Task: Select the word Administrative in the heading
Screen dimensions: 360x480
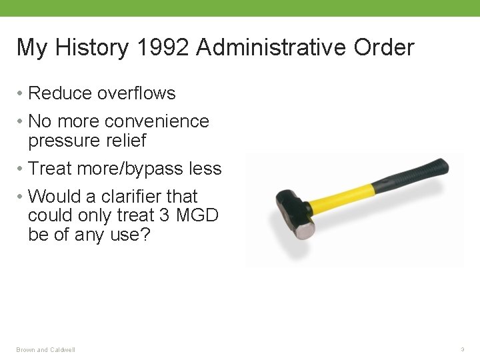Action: [270, 48]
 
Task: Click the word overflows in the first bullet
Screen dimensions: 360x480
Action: [136, 93]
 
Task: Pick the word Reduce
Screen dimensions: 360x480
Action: [60, 93]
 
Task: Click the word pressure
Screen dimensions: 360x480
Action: [65, 141]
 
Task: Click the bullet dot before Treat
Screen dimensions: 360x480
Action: [21, 169]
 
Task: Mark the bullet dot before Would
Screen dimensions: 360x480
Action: [21, 197]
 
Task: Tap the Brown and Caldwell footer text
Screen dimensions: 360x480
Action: [46, 350]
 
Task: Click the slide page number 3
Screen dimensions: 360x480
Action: [462, 349]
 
